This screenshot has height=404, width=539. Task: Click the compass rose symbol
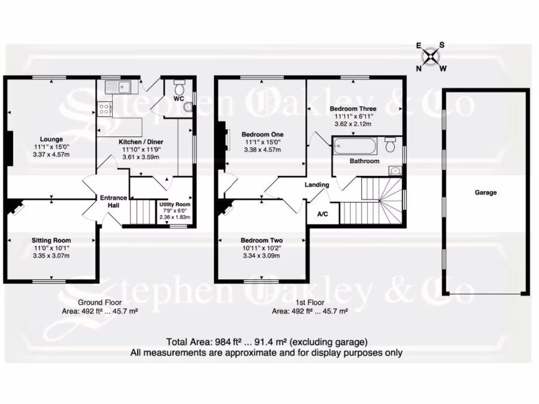tap(431, 56)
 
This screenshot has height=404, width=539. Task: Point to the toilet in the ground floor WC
tap(179, 85)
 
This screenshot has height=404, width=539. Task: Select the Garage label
tap(485, 193)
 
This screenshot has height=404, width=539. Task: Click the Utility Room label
tap(174, 205)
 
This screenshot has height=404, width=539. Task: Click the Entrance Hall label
tap(114, 201)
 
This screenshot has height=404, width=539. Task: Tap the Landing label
tap(317, 185)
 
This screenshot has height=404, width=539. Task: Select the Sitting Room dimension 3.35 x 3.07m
tap(51, 256)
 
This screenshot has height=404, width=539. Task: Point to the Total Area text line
tap(267, 341)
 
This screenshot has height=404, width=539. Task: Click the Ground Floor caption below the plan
tap(99, 302)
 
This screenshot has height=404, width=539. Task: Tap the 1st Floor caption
tap(310, 302)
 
